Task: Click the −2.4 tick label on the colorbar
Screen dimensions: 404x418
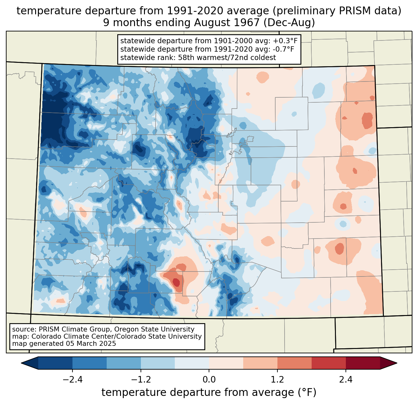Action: [72, 379]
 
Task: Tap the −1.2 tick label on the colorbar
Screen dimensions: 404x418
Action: [141, 379]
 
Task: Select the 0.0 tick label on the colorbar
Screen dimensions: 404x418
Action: [209, 379]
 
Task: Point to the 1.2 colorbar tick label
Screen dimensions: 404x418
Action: [277, 379]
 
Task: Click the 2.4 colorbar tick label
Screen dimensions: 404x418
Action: [346, 379]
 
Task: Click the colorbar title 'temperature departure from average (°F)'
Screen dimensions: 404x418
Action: [209, 392]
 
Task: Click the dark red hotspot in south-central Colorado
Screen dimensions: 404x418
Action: [176, 282]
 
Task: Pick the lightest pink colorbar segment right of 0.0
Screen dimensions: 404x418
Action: [226, 363]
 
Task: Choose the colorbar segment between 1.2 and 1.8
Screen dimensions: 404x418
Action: [294, 363]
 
